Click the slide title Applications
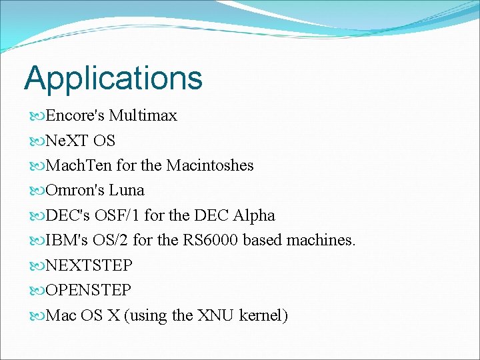point(113,78)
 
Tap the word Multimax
point(143,115)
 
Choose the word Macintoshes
point(209,165)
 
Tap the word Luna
point(127,191)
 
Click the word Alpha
point(253,215)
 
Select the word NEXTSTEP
point(89,265)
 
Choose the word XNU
point(216,315)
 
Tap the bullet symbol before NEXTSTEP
point(37,266)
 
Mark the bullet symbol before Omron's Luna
point(37,191)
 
